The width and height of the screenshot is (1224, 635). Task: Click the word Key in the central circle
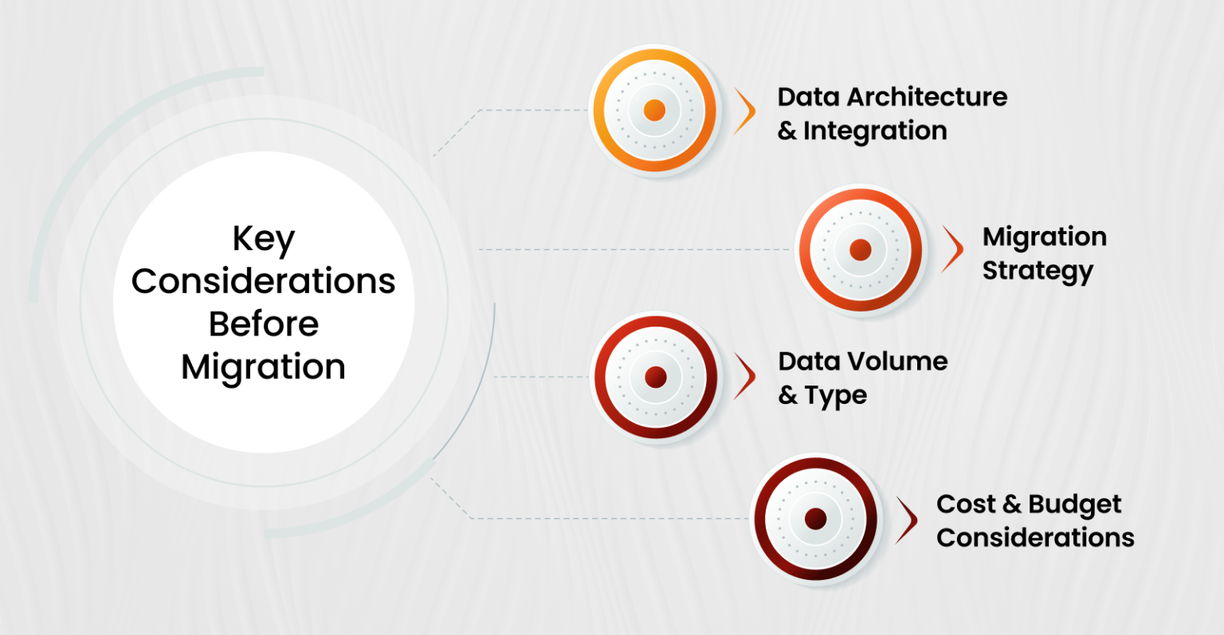pos(263,239)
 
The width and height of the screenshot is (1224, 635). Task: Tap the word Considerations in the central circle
pos(263,281)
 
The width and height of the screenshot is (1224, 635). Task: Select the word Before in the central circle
pos(263,324)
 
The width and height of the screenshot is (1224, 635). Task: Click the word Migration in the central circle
pos(263,367)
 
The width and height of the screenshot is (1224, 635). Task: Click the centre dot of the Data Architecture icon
pos(654,110)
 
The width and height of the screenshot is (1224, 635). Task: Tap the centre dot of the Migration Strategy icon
pos(860,249)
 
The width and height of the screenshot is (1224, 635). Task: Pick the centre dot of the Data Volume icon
pos(655,377)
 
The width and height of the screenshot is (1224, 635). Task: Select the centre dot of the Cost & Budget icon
pos(814,519)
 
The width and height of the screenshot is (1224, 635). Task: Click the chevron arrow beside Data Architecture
pos(746,111)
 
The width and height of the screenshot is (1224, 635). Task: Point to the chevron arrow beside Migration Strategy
pos(952,249)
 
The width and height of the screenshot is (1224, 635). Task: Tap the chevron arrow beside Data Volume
pos(746,377)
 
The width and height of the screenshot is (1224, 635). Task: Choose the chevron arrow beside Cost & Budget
pos(906,519)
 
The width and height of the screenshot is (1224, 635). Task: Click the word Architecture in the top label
pos(927,97)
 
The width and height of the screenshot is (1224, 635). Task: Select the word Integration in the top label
pos(875,131)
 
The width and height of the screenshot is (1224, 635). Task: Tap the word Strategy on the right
pos(1038,271)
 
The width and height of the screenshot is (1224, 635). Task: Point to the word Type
pos(835,395)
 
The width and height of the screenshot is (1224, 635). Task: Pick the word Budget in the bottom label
pos(1074,504)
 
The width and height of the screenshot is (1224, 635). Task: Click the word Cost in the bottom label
pos(966,504)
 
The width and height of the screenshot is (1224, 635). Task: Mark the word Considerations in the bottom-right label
pos(1035,538)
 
